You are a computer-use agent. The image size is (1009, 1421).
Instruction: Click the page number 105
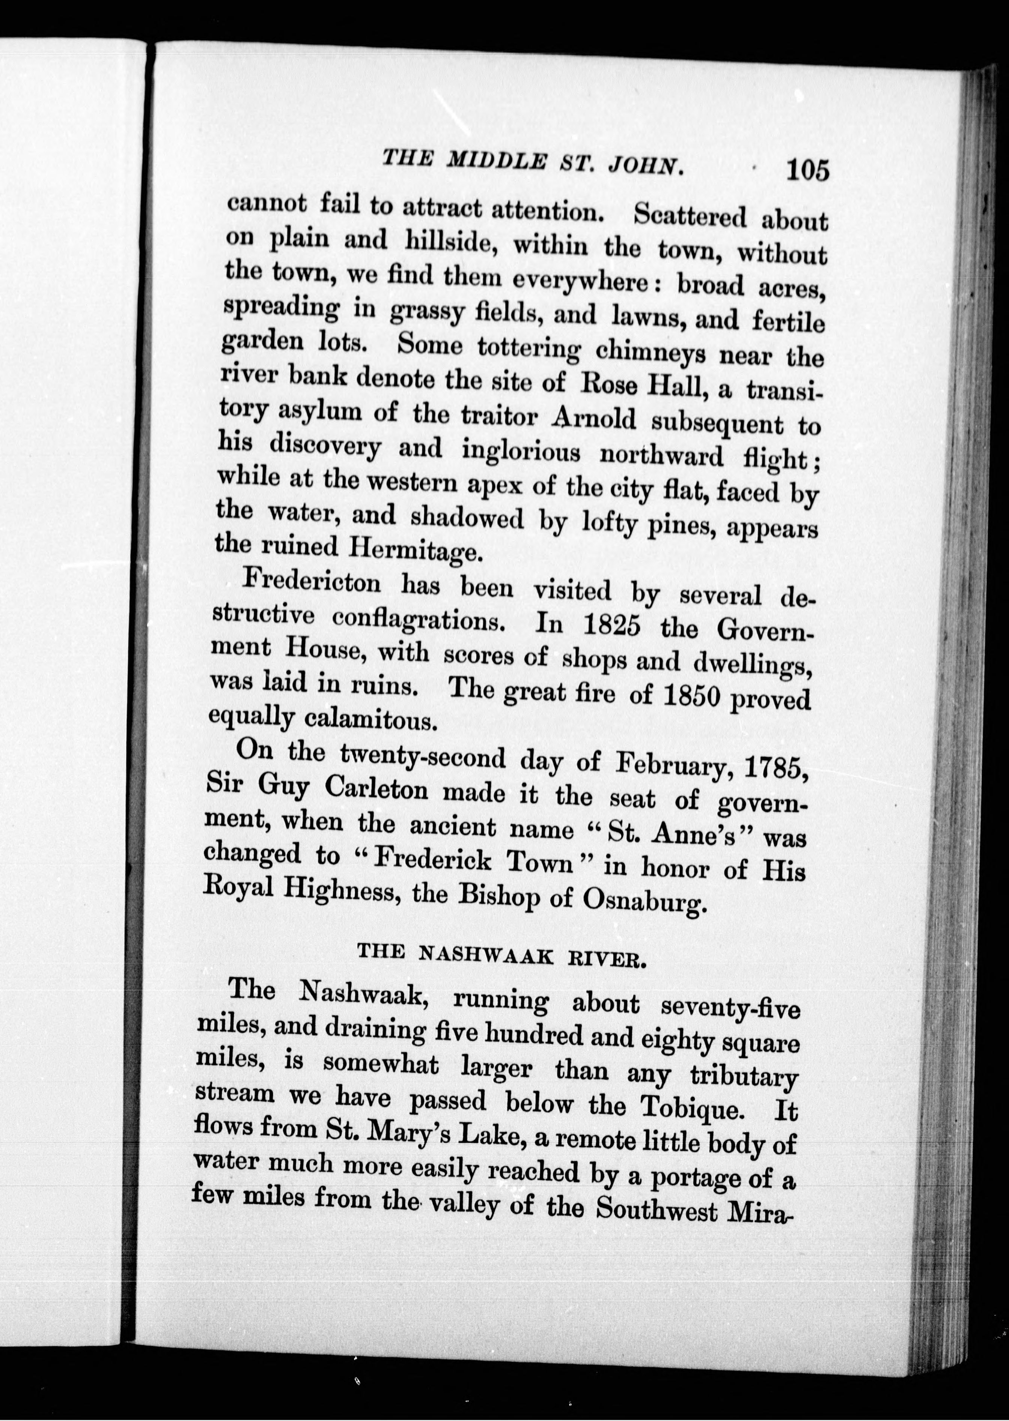(x=807, y=170)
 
